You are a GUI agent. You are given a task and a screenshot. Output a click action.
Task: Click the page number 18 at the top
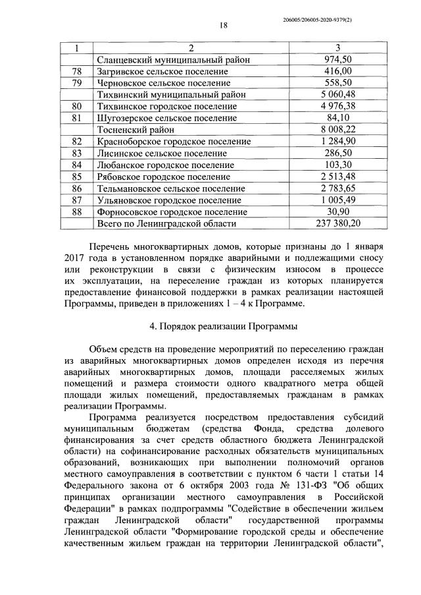223,25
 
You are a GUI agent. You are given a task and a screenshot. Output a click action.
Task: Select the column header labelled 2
191,48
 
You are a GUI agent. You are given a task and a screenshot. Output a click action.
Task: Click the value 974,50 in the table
338,59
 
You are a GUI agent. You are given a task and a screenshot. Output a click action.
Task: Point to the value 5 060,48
338,94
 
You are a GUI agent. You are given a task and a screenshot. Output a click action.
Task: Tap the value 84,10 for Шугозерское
338,118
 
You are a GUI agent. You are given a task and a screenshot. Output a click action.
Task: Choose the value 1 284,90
338,141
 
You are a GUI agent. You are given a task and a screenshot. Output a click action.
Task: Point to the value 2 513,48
338,177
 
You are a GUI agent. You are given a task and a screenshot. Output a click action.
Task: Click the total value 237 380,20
338,223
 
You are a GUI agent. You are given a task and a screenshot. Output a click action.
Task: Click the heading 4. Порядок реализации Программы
223,326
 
